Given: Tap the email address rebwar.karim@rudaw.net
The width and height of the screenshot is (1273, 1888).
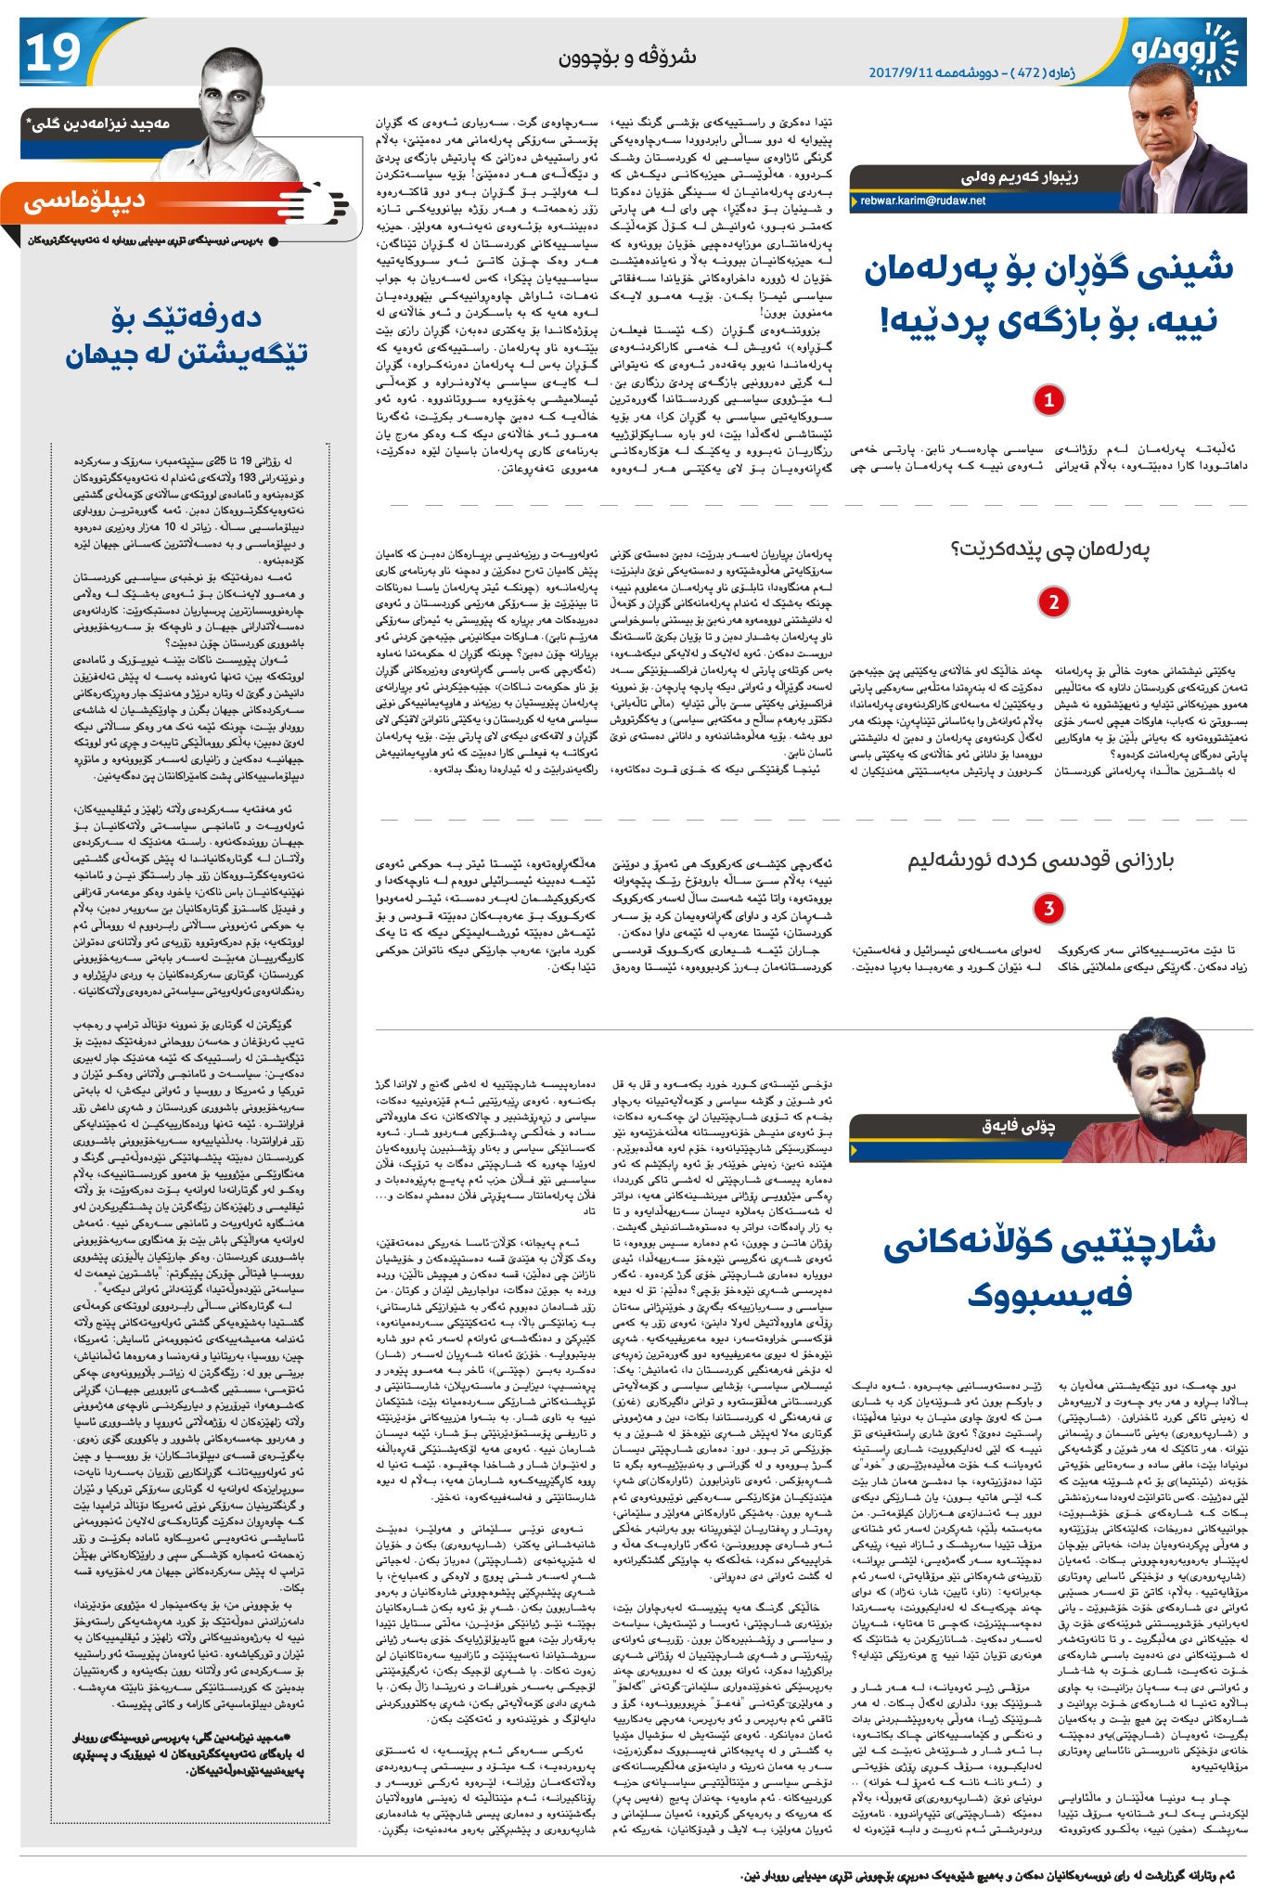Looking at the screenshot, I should click(x=922, y=200).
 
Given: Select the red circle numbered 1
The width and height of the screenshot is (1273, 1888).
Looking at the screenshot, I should click(x=1048, y=400).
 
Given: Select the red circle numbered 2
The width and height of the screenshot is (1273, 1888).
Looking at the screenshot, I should click(x=1052, y=602).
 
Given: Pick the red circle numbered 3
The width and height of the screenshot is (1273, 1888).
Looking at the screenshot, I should click(x=1048, y=908).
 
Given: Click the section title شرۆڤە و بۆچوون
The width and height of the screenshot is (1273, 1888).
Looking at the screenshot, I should click(x=626, y=58).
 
